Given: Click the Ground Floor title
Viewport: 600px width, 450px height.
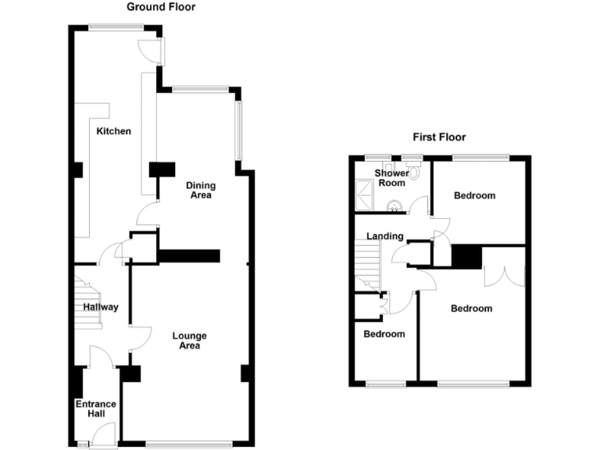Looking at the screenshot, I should point(161,7).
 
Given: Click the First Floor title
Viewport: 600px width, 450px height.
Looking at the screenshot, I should point(439,137).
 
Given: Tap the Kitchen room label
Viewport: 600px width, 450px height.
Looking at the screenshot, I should point(113,131).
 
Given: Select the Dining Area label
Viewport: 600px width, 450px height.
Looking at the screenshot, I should point(201,190).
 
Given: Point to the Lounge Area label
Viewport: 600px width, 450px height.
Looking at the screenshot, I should point(189,341).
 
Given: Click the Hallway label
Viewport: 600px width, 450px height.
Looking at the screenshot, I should point(101,307).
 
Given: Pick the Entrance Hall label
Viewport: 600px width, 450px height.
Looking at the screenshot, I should point(95,409).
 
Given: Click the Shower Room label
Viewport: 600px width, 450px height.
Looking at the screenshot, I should point(391,178).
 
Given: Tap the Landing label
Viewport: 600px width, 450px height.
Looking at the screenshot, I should point(384,236).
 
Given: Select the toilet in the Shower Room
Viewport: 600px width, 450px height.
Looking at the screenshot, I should point(413,174).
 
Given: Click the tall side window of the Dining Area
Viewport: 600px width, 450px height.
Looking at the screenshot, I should point(238,130).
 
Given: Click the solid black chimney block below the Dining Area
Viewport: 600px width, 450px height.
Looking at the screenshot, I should point(189,255).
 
